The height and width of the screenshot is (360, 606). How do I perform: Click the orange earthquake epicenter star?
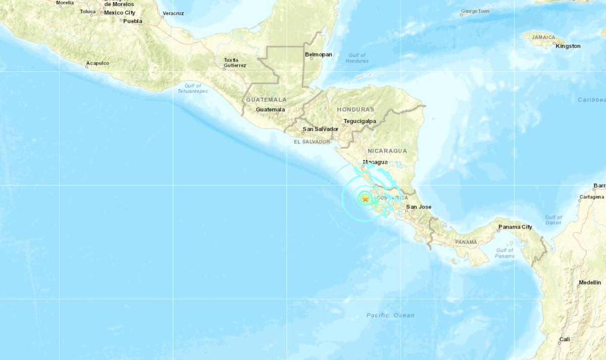[x=365, y=199]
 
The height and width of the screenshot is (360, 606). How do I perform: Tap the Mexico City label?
[x=120, y=12]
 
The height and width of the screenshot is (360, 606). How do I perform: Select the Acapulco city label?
[x=97, y=63]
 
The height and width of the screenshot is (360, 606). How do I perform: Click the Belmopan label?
[x=318, y=54]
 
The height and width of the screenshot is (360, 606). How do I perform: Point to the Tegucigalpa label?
[x=360, y=121]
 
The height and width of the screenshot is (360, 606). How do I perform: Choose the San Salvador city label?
[x=320, y=129]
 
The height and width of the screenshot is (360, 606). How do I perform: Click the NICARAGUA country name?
[x=387, y=151]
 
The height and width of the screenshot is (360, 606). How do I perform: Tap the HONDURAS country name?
[x=356, y=109]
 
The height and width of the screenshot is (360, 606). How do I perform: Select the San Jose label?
[x=419, y=207]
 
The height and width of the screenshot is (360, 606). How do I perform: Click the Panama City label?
[x=515, y=227]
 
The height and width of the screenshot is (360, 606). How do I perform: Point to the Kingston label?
[x=568, y=46]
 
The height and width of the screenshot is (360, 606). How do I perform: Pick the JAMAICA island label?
[x=540, y=37]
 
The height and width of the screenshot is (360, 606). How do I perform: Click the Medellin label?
[x=590, y=282]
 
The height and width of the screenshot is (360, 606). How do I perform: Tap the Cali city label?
[x=564, y=339]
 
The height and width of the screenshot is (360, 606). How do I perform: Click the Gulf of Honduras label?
[x=357, y=58]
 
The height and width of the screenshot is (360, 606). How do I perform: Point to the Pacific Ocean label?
[x=390, y=315]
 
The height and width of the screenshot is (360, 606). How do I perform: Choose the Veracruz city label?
[x=173, y=13]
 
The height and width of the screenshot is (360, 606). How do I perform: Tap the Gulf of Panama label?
[x=504, y=253]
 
